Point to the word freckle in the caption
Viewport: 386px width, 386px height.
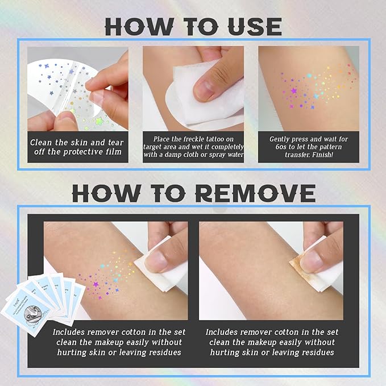click(x=201, y=139)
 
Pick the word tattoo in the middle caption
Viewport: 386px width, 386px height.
click(x=227, y=139)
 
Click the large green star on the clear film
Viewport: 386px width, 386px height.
click(x=101, y=121)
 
